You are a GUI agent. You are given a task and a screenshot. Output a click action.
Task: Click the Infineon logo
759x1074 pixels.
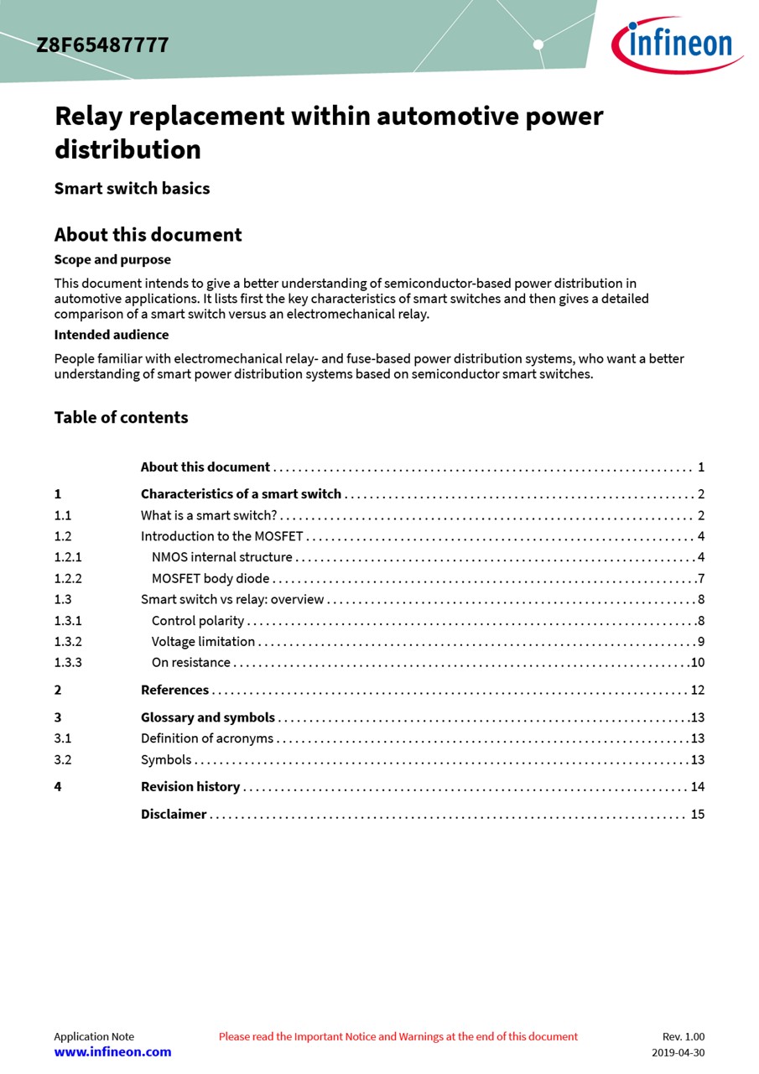point(677,44)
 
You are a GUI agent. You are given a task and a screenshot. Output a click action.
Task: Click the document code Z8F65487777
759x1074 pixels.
point(102,45)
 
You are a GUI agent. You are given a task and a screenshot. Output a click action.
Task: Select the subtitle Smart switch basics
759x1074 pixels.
point(132,188)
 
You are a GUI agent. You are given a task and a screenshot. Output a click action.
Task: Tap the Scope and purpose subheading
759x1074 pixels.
point(112,259)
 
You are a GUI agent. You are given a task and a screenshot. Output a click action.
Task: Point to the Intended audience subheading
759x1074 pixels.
point(112,335)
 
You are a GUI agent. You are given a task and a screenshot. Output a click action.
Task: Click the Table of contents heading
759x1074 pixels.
point(121,417)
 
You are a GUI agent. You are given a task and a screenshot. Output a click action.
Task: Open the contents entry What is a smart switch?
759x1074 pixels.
point(209,515)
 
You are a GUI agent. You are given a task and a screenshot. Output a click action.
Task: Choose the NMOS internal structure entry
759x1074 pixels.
point(222,557)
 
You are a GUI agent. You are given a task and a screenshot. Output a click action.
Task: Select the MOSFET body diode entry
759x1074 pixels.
point(211,578)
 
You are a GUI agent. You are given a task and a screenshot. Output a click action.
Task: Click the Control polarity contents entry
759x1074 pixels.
point(198,621)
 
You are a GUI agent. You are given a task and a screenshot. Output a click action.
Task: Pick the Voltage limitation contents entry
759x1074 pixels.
point(203,642)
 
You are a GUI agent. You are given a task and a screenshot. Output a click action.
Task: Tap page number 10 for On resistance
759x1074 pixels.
point(697,663)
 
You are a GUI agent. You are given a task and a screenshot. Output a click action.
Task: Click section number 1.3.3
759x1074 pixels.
point(68,663)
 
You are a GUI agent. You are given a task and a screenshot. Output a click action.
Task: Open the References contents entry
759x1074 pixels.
point(174,690)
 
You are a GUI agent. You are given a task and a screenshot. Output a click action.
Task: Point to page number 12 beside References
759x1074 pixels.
point(697,691)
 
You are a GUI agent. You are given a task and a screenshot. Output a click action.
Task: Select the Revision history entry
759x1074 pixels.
point(190,787)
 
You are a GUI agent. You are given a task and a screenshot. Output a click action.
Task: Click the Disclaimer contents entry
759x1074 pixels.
point(174,814)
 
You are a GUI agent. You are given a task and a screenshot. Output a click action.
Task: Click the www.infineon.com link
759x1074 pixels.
point(112,1052)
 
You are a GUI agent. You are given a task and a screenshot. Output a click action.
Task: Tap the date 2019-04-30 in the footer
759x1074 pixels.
point(678,1053)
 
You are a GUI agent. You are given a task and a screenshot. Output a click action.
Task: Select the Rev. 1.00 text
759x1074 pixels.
point(684,1037)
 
